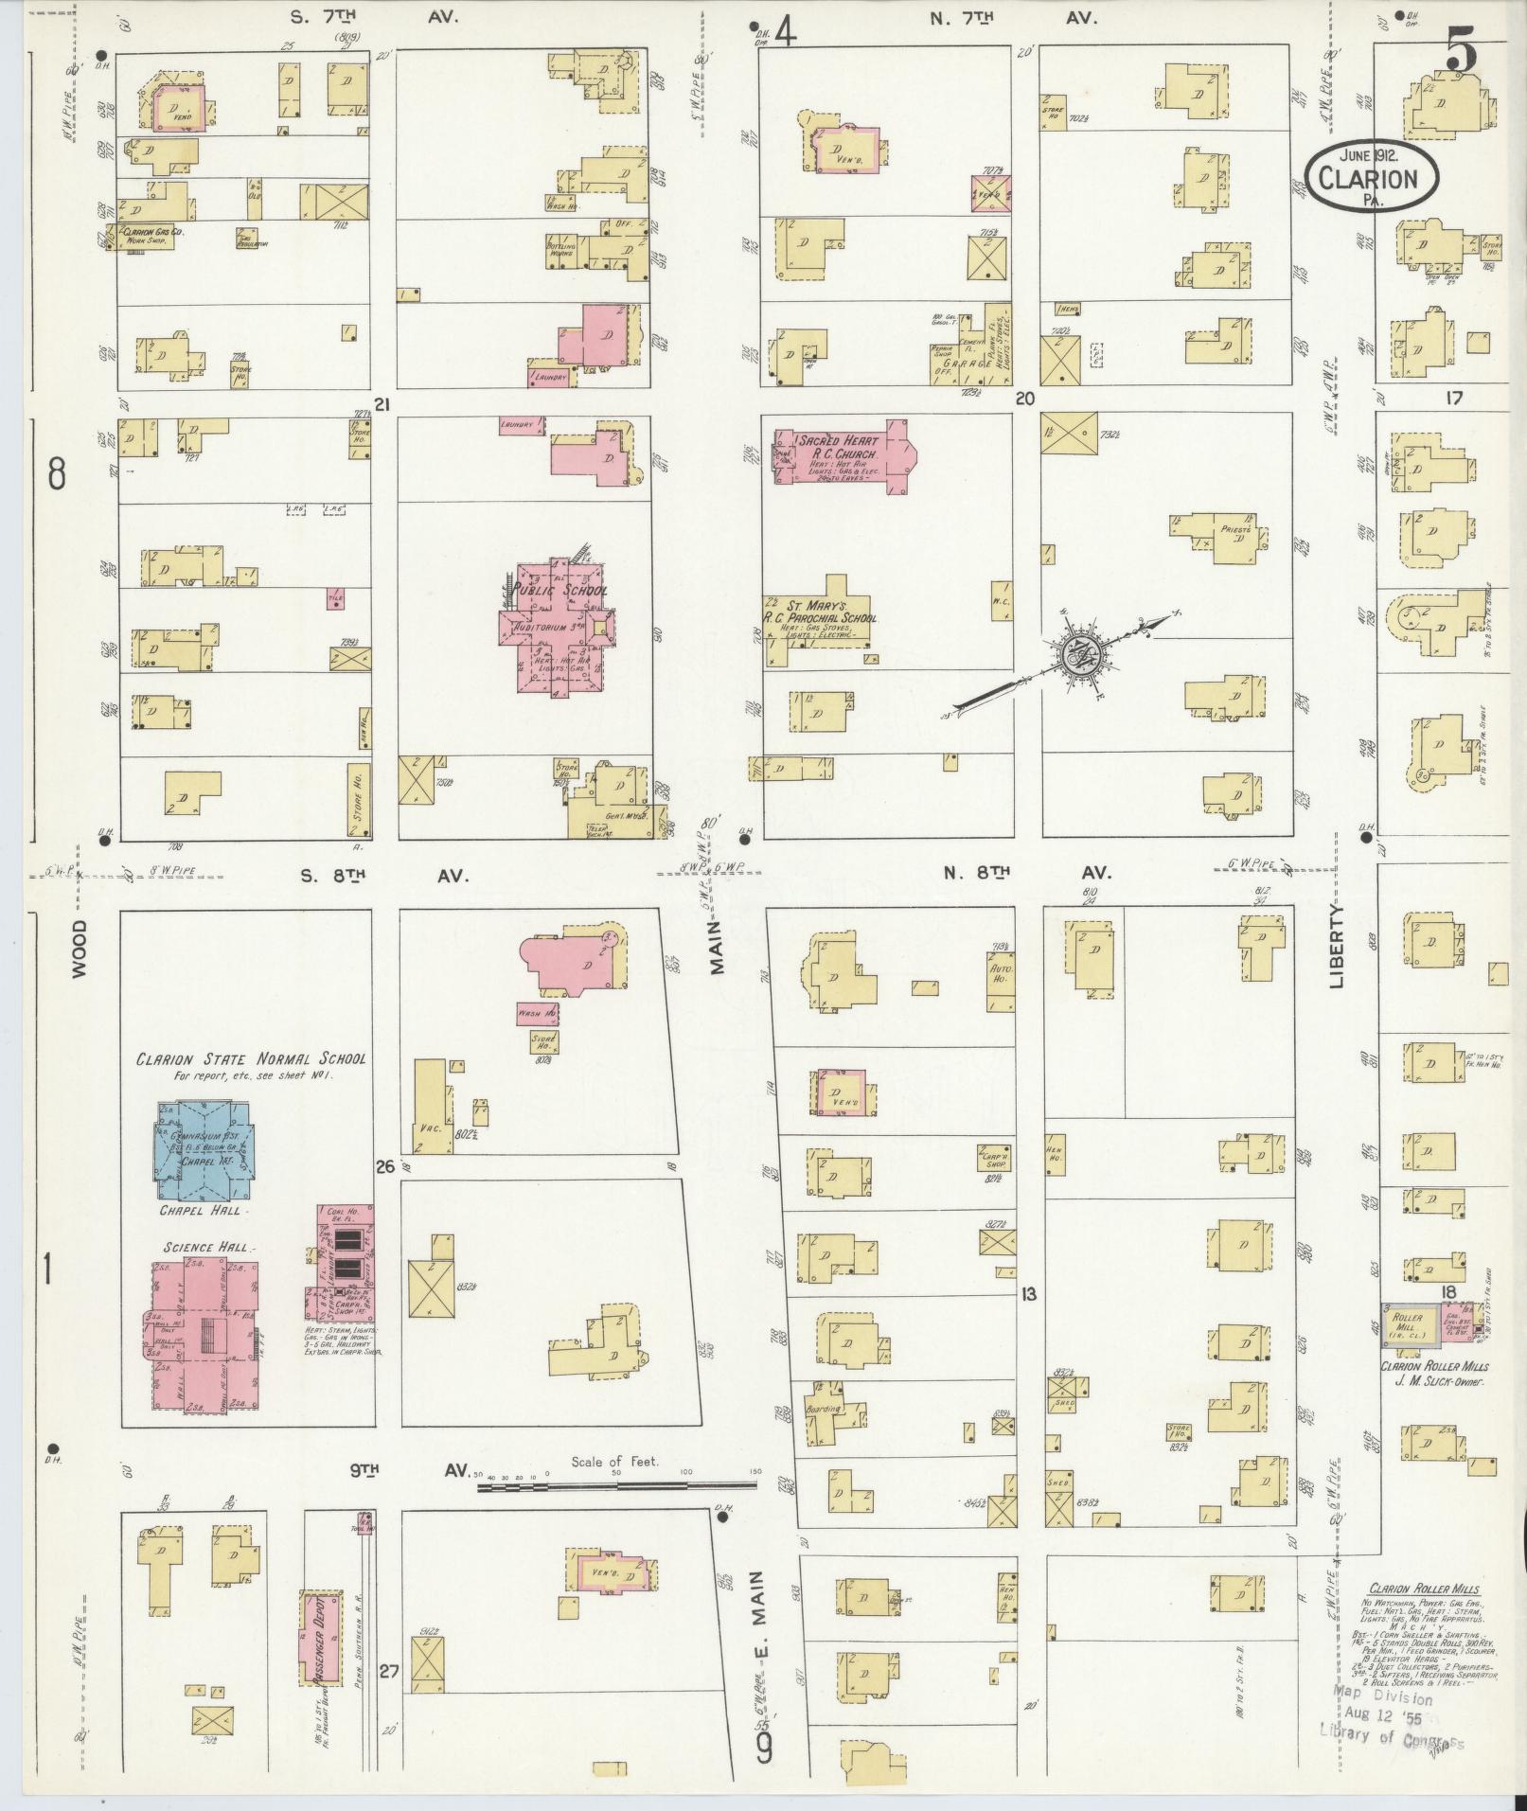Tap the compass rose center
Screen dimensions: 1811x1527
click(1079, 653)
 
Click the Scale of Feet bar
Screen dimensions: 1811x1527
click(615, 1488)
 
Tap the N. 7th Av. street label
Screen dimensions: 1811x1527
click(1013, 18)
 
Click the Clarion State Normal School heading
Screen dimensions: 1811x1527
click(251, 1059)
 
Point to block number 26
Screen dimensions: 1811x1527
click(384, 1166)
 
